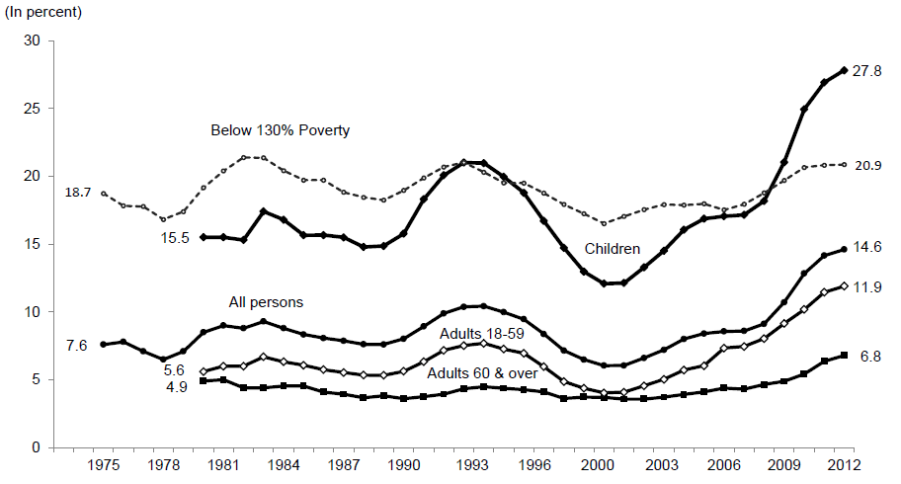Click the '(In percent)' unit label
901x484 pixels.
(44, 14)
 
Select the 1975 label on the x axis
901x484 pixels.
(104, 464)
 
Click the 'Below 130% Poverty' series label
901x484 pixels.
(281, 130)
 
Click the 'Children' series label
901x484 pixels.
(613, 249)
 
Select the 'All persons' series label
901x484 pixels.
(266, 302)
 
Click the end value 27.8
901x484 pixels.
(869, 70)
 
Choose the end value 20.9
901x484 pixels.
(869, 164)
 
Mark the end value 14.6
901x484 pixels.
(869, 249)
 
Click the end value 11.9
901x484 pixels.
(869, 286)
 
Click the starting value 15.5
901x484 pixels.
(177, 237)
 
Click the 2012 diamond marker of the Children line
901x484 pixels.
(844, 70)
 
